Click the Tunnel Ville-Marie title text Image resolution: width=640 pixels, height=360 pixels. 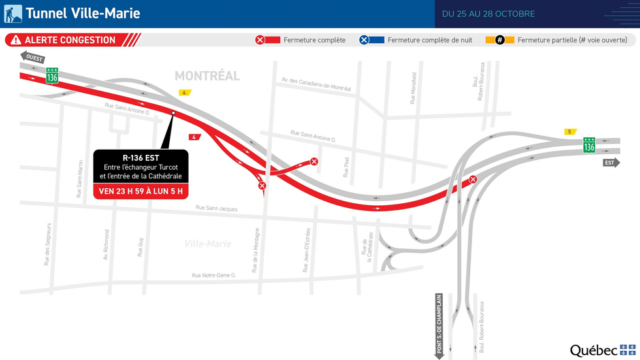82,14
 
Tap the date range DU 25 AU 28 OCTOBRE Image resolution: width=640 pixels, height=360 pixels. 488,14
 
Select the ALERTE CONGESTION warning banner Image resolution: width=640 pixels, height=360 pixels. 70,40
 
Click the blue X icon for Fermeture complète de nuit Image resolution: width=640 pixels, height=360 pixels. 364,40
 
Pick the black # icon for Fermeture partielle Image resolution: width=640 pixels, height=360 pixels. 500,40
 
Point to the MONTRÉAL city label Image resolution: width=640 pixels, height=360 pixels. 207,76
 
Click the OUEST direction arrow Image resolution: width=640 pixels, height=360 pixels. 33,57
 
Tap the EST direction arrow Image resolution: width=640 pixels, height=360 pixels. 611,163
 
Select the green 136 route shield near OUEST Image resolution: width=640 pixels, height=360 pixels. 52,76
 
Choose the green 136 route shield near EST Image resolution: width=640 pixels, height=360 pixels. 589,145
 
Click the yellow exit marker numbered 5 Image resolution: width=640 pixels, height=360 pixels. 570,132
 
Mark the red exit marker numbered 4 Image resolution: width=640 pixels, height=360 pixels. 193,137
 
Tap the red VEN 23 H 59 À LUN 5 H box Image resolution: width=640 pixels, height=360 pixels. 140,191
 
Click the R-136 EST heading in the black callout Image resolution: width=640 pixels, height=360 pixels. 140,157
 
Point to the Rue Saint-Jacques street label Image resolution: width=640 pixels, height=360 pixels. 216,208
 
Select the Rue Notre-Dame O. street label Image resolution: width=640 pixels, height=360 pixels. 214,275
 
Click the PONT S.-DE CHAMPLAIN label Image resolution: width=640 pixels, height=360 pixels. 439,324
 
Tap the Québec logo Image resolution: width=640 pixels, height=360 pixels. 602,350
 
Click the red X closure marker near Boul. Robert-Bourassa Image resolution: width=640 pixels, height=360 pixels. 473,180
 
